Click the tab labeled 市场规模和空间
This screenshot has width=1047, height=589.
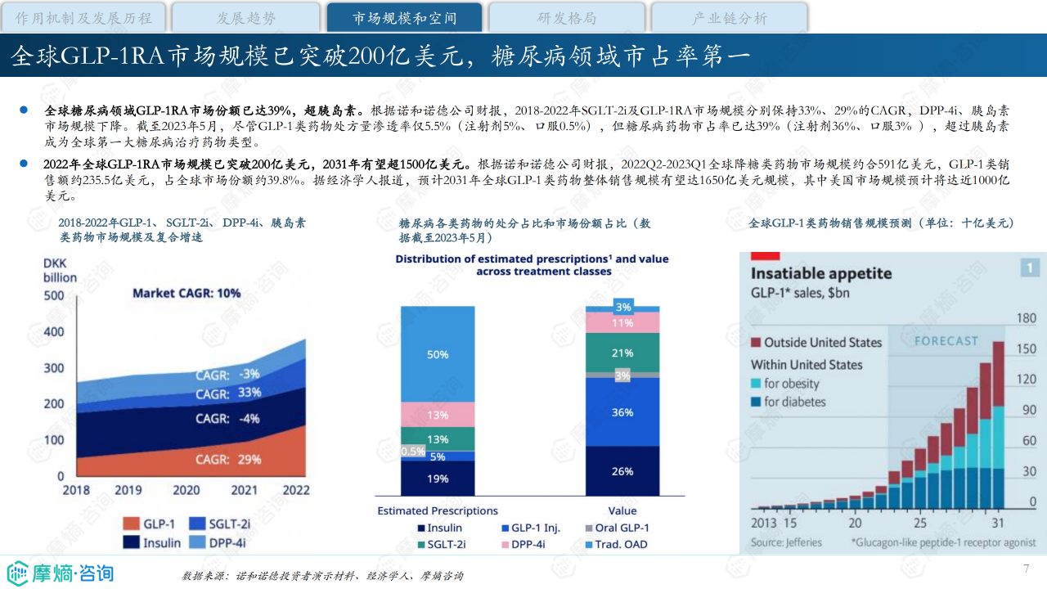[x=405, y=18]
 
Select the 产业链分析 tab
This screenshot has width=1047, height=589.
[x=730, y=18]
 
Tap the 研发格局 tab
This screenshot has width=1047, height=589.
[x=567, y=18]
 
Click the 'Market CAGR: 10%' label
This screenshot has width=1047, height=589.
[x=186, y=293]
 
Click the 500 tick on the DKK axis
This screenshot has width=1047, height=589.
[x=53, y=296]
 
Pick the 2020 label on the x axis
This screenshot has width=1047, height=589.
[x=186, y=490]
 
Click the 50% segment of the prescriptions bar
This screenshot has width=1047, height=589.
[x=438, y=354]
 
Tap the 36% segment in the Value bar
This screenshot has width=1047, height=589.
[x=622, y=412]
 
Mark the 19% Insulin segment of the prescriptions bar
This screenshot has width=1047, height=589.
[x=438, y=479]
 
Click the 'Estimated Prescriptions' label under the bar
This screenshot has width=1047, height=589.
[x=438, y=510]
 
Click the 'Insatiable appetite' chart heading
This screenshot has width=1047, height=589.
[x=821, y=273]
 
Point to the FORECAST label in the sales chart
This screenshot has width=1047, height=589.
[x=946, y=341]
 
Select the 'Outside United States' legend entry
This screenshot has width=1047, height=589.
[x=816, y=342]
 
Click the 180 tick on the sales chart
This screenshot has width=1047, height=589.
[x=1026, y=318]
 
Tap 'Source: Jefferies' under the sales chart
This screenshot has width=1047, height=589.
[x=786, y=542]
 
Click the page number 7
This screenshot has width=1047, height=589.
[x=1026, y=569]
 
